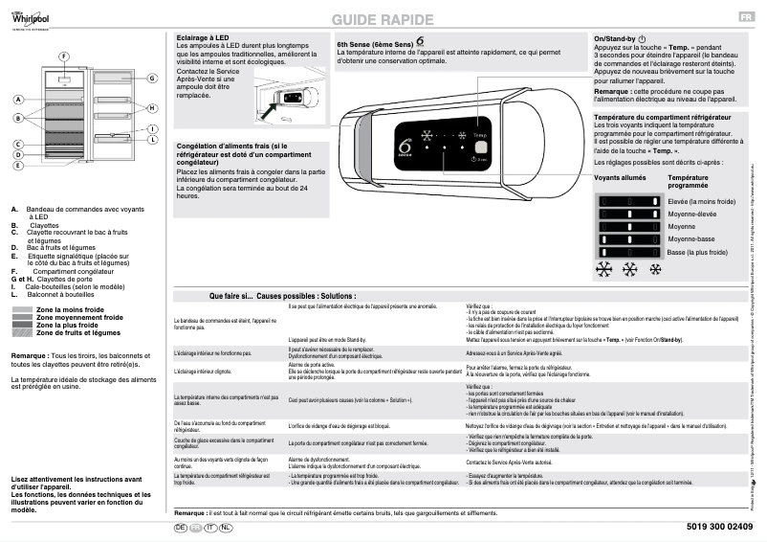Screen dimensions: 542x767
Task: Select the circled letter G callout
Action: coord(152,78)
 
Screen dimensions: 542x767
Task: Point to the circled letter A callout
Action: coord(18,100)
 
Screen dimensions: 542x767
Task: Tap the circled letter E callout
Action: coord(18,165)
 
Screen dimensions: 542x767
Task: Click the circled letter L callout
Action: coord(152,139)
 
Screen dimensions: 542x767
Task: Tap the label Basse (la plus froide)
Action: coord(703,252)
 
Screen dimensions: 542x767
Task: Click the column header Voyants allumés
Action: coord(620,178)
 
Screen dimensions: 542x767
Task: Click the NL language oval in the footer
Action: coord(226,528)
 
